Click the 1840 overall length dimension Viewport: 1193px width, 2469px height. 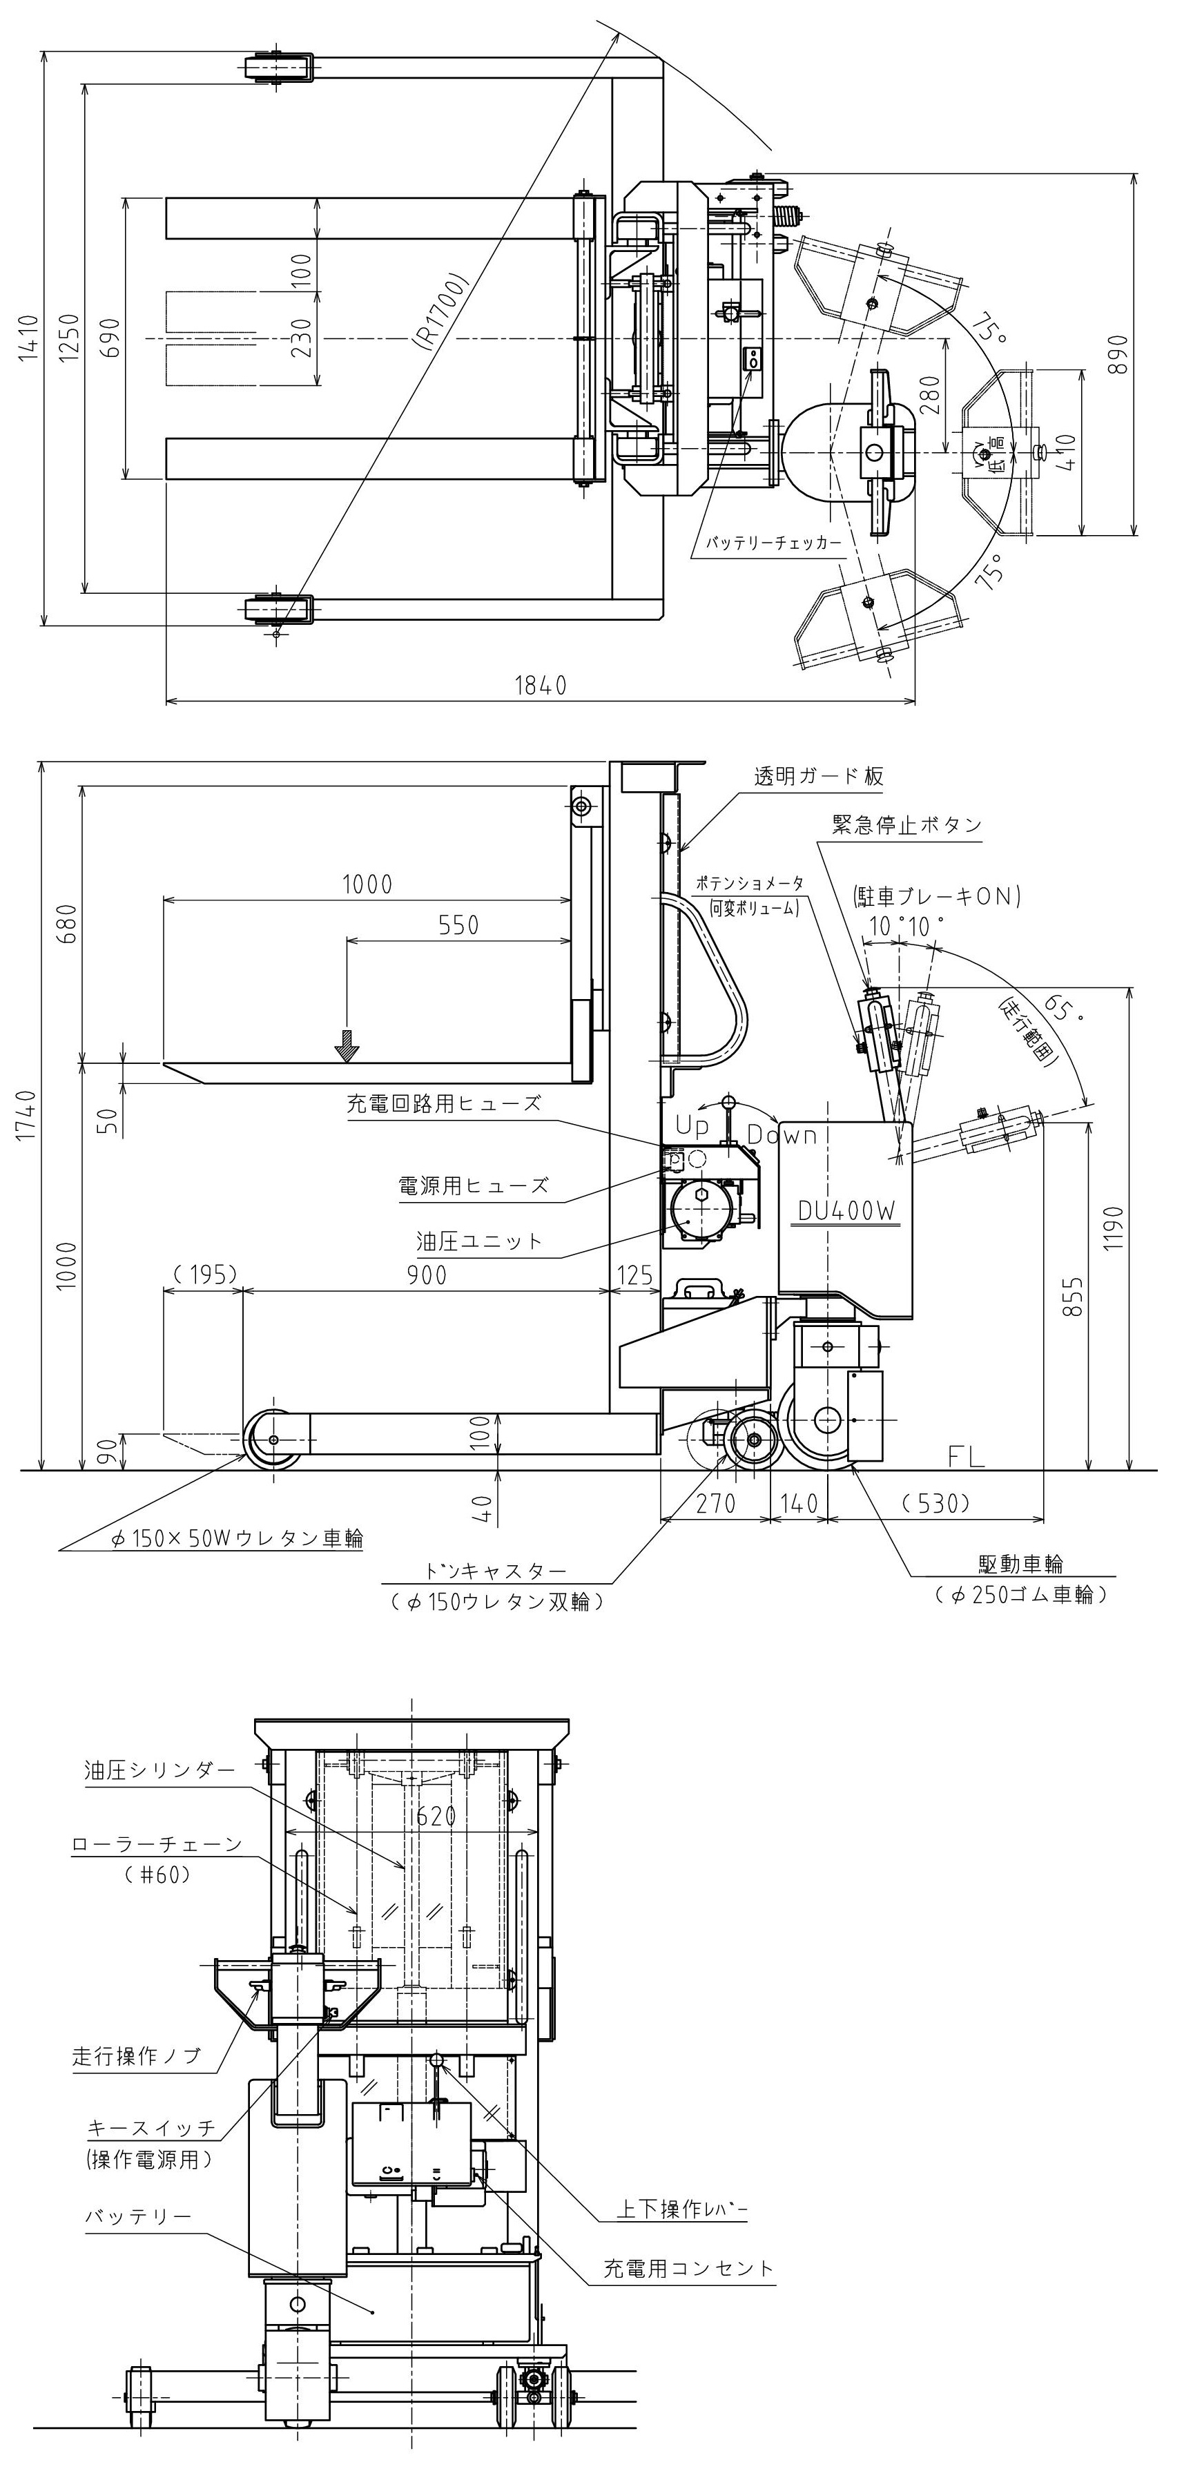pos(541,686)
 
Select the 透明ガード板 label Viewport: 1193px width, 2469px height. pos(818,776)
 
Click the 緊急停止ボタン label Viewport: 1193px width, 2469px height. pos(906,824)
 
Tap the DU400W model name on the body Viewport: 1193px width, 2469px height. pos(847,1210)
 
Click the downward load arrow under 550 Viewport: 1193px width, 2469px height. pos(346,1046)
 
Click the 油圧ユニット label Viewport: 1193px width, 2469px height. pos(479,1241)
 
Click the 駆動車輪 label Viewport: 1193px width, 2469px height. pos(1020,1563)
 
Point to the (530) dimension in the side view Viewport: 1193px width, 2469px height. pos(935,1503)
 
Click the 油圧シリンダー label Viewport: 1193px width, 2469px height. pos(159,1770)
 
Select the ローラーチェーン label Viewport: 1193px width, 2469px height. pos(157,1843)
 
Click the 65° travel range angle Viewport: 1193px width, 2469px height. pos(1060,1008)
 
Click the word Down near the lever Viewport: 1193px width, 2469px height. pos(782,1135)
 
